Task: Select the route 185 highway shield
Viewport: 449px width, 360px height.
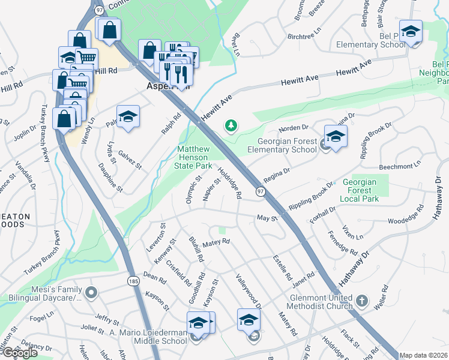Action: click(133, 280)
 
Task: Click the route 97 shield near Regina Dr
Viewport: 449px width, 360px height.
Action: click(261, 191)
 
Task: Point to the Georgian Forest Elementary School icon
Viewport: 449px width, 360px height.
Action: click(336, 136)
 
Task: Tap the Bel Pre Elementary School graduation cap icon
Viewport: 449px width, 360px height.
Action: click(411, 31)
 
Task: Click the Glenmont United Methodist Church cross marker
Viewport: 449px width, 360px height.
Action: click(361, 299)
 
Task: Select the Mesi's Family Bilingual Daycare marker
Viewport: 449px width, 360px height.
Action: click(91, 293)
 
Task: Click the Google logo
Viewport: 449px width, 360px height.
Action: click(20, 353)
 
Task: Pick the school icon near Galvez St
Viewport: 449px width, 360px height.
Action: click(128, 116)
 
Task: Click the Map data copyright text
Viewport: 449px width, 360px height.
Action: click(423, 355)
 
